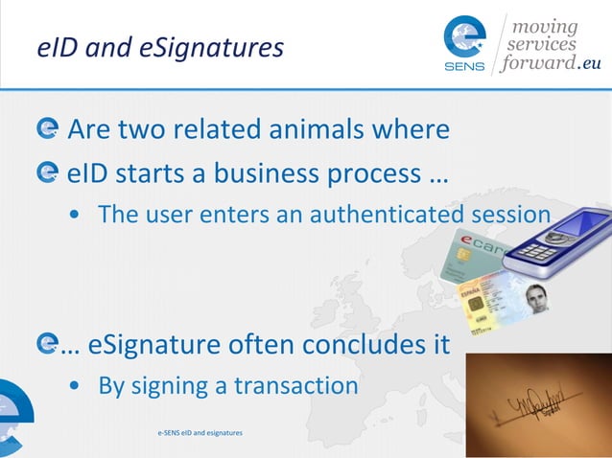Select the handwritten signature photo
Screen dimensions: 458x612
[537, 403]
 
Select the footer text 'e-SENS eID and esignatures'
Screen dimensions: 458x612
[200, 433]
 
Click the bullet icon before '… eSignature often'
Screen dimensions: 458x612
[45, 342]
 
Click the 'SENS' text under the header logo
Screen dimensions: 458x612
[465, 67]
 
